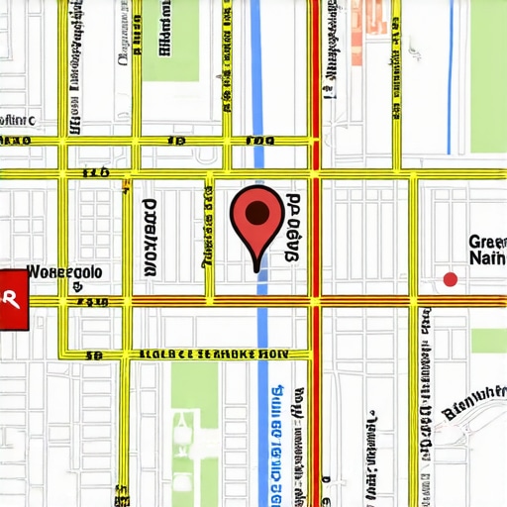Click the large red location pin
256,220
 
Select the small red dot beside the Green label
451,280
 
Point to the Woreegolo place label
63,270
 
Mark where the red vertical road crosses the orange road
316,298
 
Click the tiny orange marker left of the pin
126,184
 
